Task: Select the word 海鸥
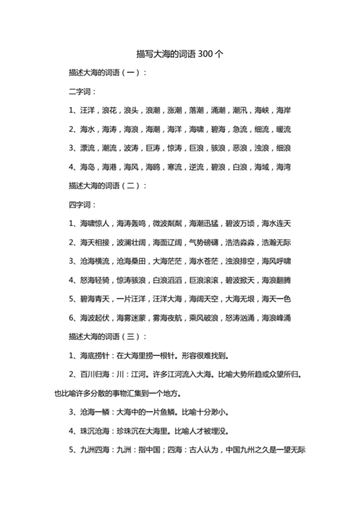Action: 153,167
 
